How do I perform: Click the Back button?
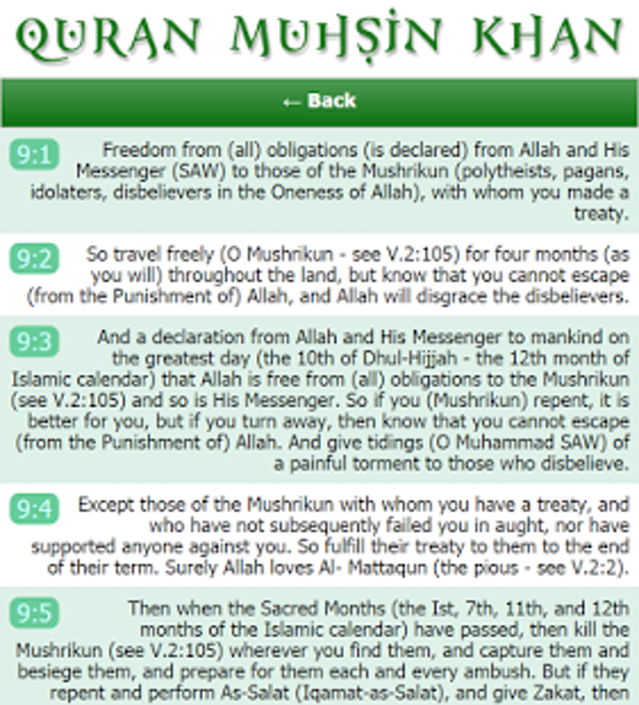pyautogui.click(x=319, y=102)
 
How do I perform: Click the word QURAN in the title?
pyautogui.click(x=98, y=38)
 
